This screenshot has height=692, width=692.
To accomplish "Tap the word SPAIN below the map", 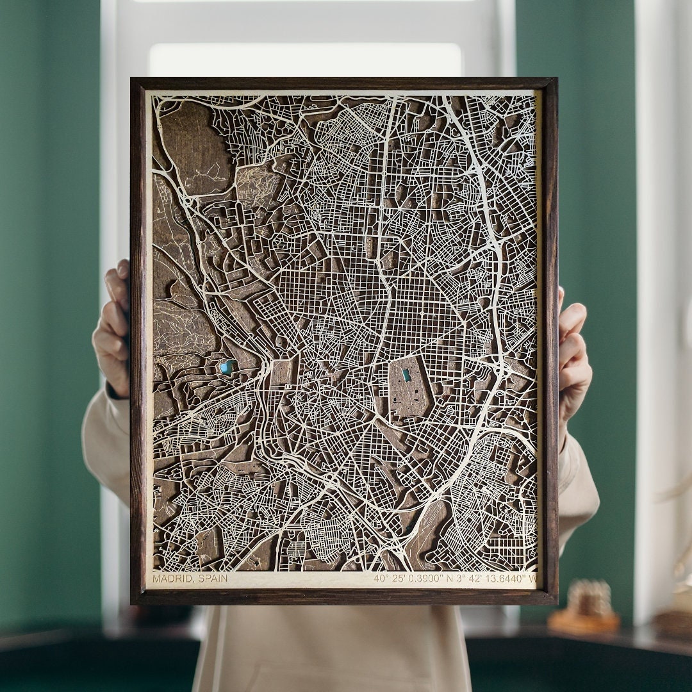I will [x=213, y=579].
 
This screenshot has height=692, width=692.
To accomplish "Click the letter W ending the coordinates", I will [x=531, y=579].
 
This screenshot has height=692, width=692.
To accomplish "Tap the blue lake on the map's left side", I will [x=226, y=367].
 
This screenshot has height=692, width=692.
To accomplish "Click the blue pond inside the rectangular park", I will [x=406, y=375].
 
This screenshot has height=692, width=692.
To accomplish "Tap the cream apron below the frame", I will [x=333, y=647].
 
